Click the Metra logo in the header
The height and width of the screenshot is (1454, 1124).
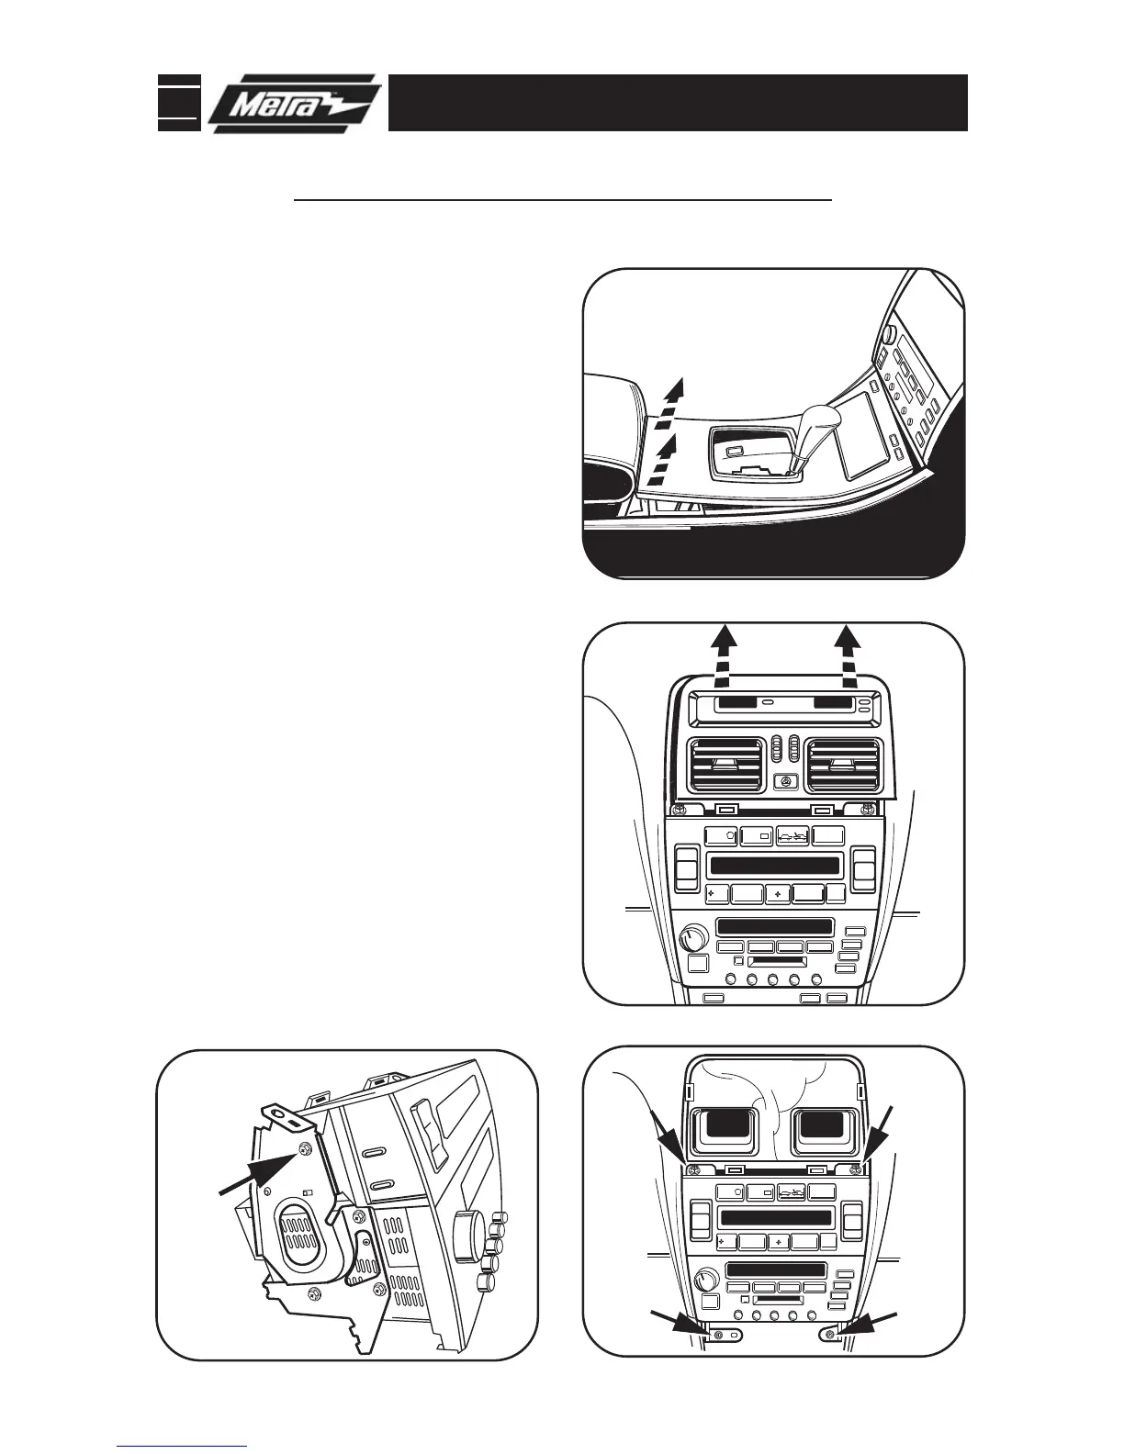[292, 103]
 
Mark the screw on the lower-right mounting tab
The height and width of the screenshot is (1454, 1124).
[830, 1334]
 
